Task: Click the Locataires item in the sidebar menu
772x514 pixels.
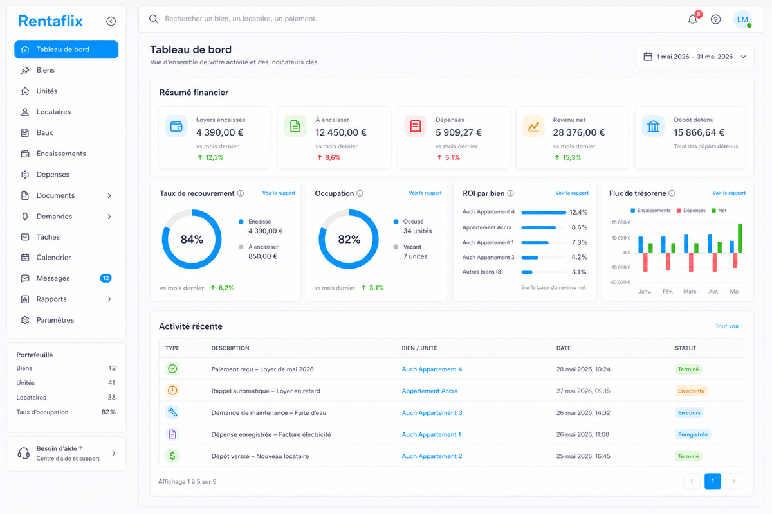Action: pos(53,112)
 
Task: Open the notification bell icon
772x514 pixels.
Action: pos(693,19)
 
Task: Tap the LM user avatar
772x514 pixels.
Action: pos(742,19)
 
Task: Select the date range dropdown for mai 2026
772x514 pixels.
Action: pos(695,57)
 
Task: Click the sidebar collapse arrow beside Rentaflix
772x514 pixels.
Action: pos(111,21)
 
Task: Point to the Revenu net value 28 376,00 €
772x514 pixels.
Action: pos(578,132)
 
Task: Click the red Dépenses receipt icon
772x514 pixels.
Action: pos(416,127)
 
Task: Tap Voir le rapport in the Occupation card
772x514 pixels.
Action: pos(425,193)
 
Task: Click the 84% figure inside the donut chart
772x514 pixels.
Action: pos(192,239)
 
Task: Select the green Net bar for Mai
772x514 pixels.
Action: pos(740,238)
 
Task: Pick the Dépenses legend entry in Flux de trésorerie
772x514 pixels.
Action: pos(691,210)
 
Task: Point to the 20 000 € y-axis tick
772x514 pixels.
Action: pos(621,222)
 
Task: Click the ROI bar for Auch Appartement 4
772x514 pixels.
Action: pos(544,213)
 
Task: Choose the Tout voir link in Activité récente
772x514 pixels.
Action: pos(727,326)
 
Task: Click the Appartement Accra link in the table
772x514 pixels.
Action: pos(430,391)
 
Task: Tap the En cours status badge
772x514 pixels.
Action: pos(689,412)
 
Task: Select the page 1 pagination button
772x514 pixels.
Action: pos(713,481)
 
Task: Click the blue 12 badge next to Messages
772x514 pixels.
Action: pos(106,278)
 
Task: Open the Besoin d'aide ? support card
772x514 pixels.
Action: pos(66,454)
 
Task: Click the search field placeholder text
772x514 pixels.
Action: pos(243,19)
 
